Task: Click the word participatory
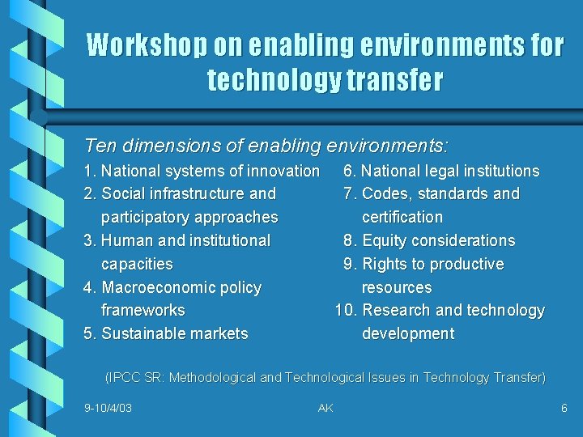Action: [x=147, y=218]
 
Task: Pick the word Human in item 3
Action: [x=129, y=240]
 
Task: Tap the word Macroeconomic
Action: [x=160, y=287]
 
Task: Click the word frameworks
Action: [x=143, y=311]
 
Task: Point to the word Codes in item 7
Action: [x=384, y=194]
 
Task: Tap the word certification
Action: [x=402, y=218]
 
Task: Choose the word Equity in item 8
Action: [x=386, y=240]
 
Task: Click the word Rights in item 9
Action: [x=384, y=264]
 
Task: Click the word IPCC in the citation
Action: [x=125, y=377]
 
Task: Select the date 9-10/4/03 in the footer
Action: [x=108, y=408]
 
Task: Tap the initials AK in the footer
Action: [x=326, y=408]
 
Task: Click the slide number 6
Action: [x=564, y=408]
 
